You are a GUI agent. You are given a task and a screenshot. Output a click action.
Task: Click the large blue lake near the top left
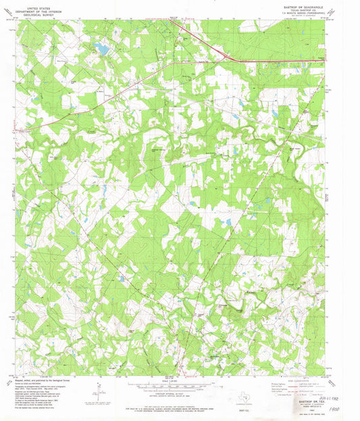coord(101,48)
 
